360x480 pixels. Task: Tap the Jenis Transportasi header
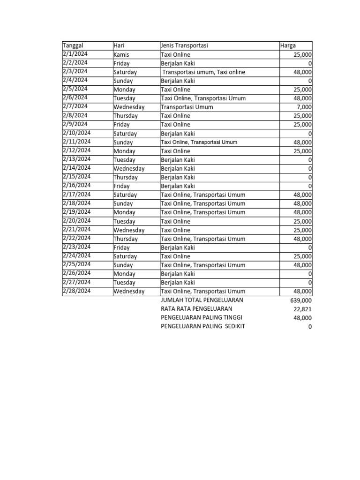184,45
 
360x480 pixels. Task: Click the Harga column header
288,45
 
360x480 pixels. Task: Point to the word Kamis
121,54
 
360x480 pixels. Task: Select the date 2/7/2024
75,106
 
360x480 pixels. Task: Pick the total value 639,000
301,300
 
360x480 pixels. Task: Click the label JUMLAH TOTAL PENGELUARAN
202,300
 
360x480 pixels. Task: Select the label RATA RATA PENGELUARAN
196,309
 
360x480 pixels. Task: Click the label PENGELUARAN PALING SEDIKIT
202,326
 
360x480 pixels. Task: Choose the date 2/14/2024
76,168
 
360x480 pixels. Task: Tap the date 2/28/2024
76,291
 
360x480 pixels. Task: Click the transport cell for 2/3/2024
204,72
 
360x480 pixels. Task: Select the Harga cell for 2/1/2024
303,54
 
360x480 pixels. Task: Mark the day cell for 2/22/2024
125,239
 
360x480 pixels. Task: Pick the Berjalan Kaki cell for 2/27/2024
178,283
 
